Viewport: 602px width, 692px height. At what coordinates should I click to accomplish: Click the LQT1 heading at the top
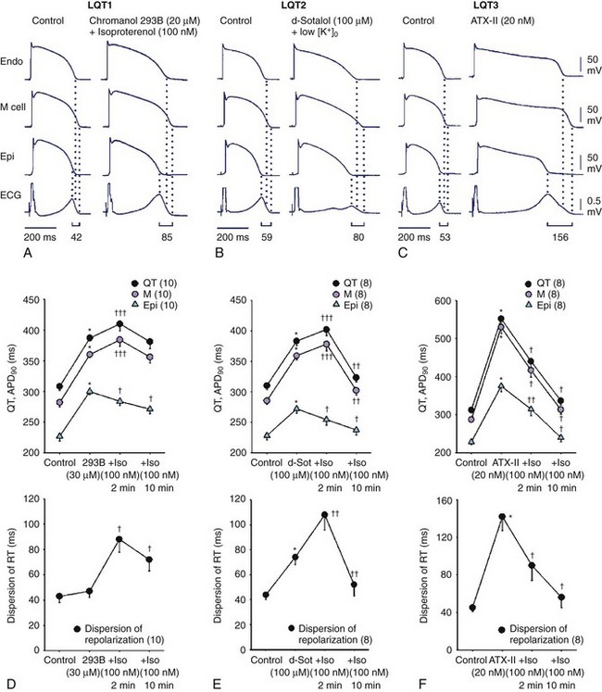[113, 6]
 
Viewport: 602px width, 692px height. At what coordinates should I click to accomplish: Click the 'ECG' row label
[14, 195]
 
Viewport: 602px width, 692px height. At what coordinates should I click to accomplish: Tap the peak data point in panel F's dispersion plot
[503, 517]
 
